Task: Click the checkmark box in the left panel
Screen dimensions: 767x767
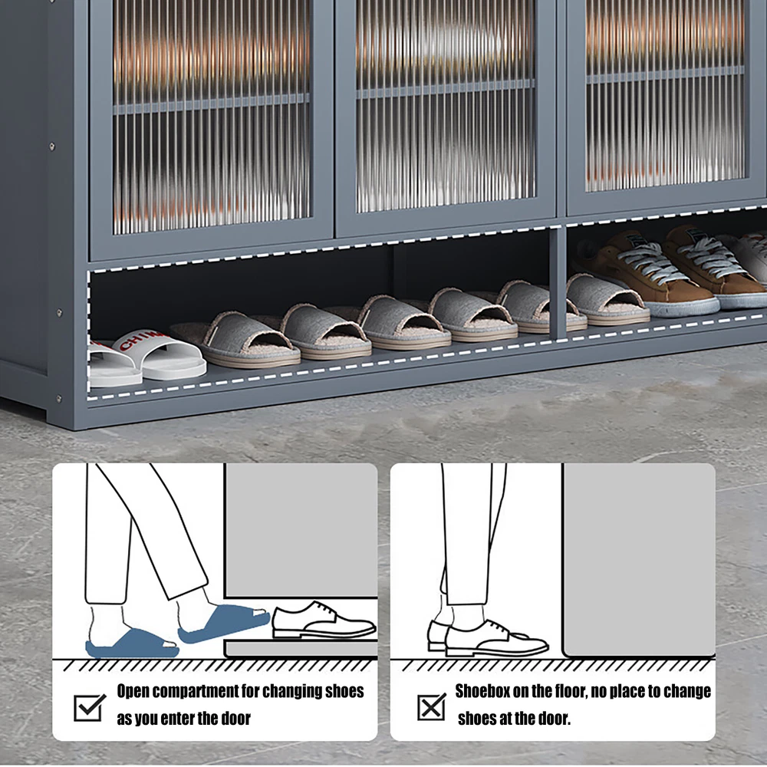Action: pyautogui.click(x=89, y=707)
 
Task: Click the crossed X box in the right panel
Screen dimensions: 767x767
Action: pyautogui.click(x=431, y=707)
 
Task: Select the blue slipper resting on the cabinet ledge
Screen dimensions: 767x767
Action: pyautogui.click(x=224, y=624)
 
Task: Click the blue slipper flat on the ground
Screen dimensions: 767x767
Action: pyautogui.click(x=132, y=644)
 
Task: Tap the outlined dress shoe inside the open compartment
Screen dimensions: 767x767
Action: pyautogui.click(x=324, y=620)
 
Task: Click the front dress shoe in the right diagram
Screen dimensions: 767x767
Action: pyautogui.click(x=496, y=638)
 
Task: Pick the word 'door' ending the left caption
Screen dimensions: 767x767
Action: pyautogui.click(x=235, y=719)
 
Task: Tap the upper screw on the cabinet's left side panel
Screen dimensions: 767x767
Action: pyautogui.click(x=52, y=146)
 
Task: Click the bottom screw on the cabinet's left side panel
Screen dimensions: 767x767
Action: pyautogui.click(x=59, y=399)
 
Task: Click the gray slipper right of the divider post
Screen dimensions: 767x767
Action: pyautogui.click(x=607, y=300)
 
